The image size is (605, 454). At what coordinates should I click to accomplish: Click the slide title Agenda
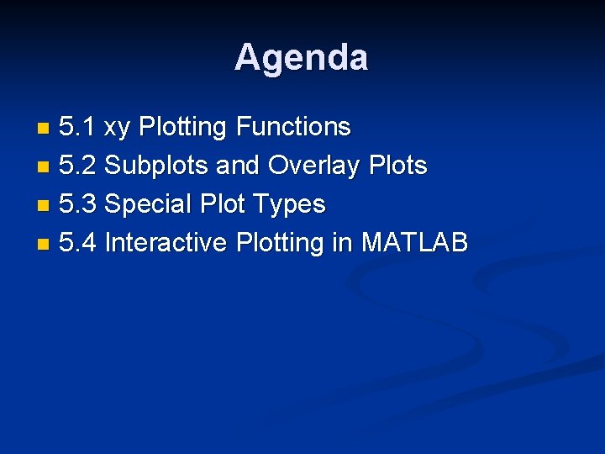pos(301,58)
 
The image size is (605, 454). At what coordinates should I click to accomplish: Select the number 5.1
pos(77,128)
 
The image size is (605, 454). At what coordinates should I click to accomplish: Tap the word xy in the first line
pos(118,128)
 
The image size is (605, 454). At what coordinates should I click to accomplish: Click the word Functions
pos(293,128)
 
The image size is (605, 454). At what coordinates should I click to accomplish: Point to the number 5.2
pos(78,166)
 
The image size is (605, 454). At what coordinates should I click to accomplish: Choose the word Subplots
pos(157,166)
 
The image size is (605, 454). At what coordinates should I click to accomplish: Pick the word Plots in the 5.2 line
pos(397,166)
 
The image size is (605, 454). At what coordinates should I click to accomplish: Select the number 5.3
pos(78,204)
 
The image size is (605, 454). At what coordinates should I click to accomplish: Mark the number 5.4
pos(78,243)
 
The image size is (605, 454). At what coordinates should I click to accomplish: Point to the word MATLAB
pos(414,243)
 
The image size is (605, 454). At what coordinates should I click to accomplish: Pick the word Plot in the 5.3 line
pos(220,204)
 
